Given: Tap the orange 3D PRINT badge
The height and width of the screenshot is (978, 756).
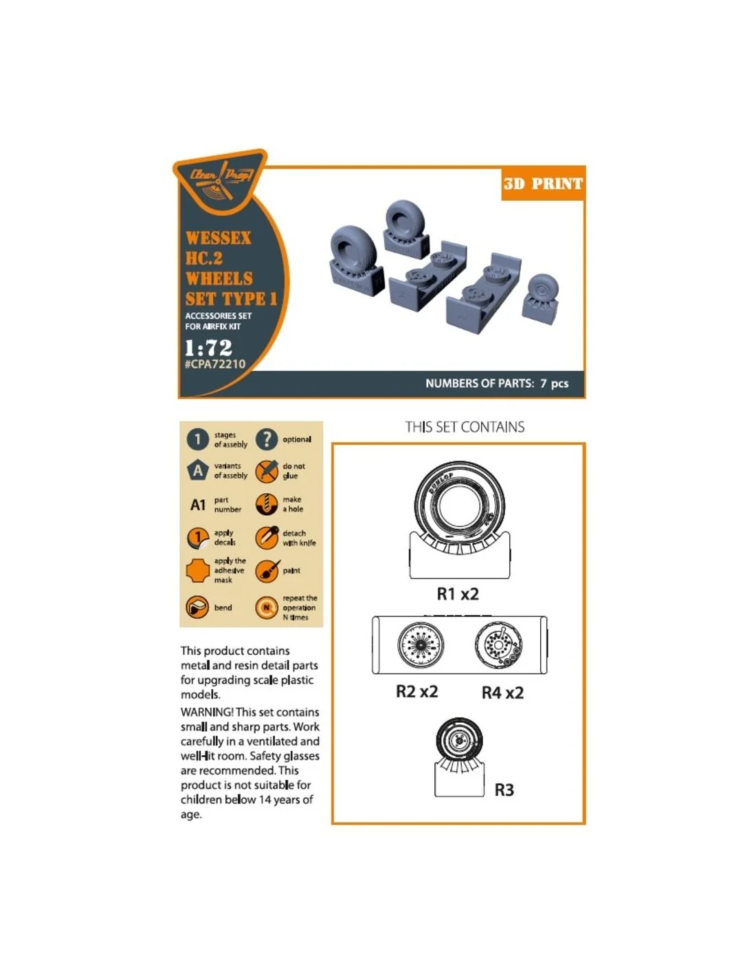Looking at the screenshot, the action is pos(543,184).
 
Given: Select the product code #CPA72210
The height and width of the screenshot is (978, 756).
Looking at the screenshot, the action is pos(215,364).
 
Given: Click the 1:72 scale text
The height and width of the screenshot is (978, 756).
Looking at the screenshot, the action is pos(208,347).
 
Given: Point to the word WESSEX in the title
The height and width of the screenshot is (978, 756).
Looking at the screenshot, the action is pos(218,238).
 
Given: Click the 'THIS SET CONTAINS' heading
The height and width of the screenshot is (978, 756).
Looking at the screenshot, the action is pos(465,426).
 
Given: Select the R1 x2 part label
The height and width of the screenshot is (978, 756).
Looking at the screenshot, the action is pos(457,594).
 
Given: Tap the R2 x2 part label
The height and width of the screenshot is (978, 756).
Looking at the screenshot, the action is pos(416,691).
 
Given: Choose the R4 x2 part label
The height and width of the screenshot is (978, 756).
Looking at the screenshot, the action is pos(502,692).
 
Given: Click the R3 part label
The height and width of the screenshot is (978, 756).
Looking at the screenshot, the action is pos(504,790).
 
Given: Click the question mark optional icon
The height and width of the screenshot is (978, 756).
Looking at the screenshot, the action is pos(267,439).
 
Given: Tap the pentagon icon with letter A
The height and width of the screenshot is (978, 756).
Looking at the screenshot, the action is pos(197,470).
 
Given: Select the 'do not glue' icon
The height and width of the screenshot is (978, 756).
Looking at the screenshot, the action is pos(267,471).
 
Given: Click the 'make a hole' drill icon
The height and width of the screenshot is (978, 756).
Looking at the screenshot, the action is pos(267,504).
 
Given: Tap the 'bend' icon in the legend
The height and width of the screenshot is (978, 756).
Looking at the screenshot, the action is pos(197,607).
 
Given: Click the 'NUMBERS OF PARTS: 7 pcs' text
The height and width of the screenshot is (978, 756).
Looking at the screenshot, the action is pos(497,384).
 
